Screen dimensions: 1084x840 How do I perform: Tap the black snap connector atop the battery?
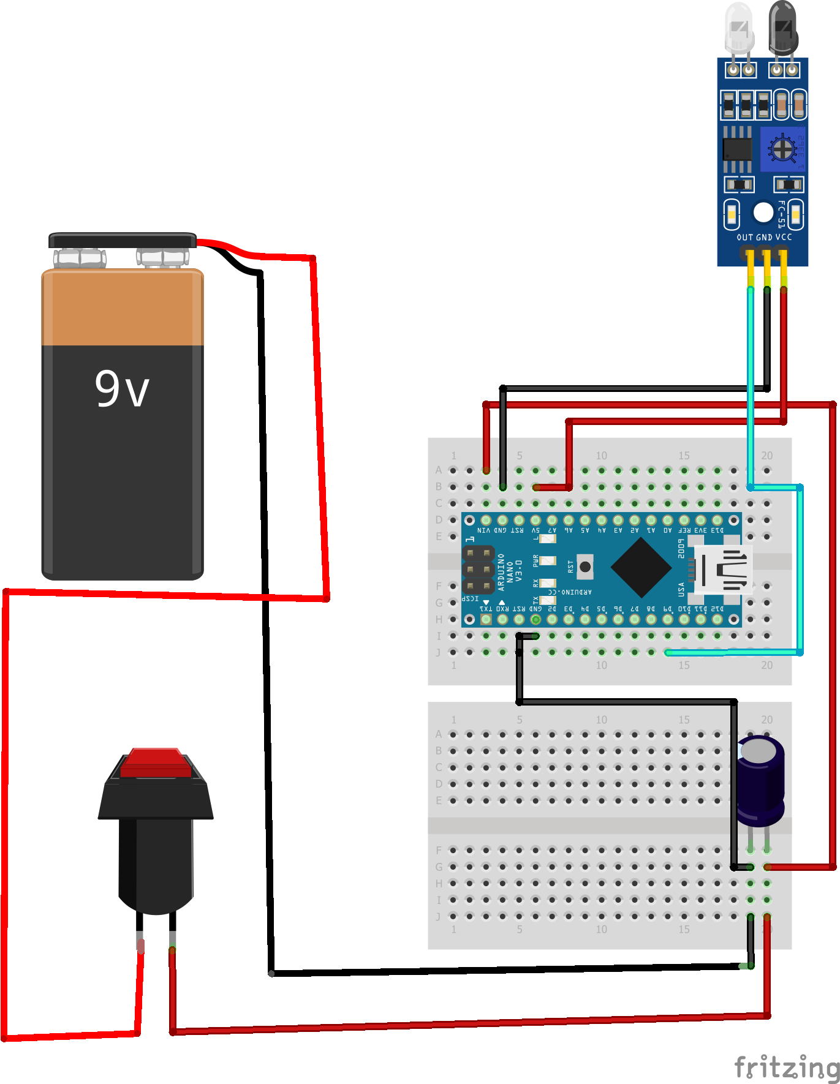[122, 240]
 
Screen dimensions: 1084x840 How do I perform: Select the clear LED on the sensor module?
[739, 28]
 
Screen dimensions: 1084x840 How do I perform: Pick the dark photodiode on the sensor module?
[783, 28]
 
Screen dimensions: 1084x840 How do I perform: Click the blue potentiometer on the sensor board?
[782, 149]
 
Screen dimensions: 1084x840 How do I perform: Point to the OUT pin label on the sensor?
[744, 237]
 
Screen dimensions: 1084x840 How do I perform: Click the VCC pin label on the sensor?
[784, 237]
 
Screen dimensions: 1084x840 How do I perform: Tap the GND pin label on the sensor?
[764, 237]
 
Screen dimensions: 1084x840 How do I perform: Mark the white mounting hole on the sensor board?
[763, 213]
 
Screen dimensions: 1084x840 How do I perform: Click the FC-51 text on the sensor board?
[781, 214]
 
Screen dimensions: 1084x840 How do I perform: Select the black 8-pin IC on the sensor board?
[737, 149]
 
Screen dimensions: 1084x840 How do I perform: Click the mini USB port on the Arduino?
[723, 570]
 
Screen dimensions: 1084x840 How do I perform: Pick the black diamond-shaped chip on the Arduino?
[641, 568]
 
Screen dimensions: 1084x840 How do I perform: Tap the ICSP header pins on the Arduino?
[478, 570]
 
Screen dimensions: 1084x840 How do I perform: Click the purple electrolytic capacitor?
[760, 781]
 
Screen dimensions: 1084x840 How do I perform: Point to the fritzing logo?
[787, 1067]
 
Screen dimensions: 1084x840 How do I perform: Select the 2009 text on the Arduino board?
[681, 548]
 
